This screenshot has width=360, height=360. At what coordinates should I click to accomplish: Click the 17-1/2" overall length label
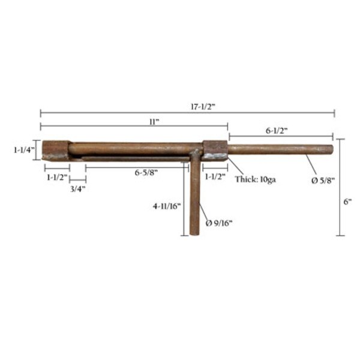pos(203,107)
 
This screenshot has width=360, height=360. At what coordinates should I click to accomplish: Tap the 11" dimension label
pos(154,122)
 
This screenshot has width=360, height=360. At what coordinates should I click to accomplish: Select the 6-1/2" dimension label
pos(277,131)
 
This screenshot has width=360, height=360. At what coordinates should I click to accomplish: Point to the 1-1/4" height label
pos(24,150)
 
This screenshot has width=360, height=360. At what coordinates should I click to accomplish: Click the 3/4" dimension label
pos(78,189)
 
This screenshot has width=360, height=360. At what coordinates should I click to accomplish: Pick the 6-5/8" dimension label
pos(146,172)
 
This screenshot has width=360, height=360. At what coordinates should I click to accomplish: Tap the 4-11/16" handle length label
pos(167,206)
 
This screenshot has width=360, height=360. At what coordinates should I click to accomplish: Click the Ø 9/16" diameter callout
pos(219,223)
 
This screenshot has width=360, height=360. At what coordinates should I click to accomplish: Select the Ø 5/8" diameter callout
pos(323,181)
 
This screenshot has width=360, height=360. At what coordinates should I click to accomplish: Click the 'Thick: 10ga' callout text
pos(255,179)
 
